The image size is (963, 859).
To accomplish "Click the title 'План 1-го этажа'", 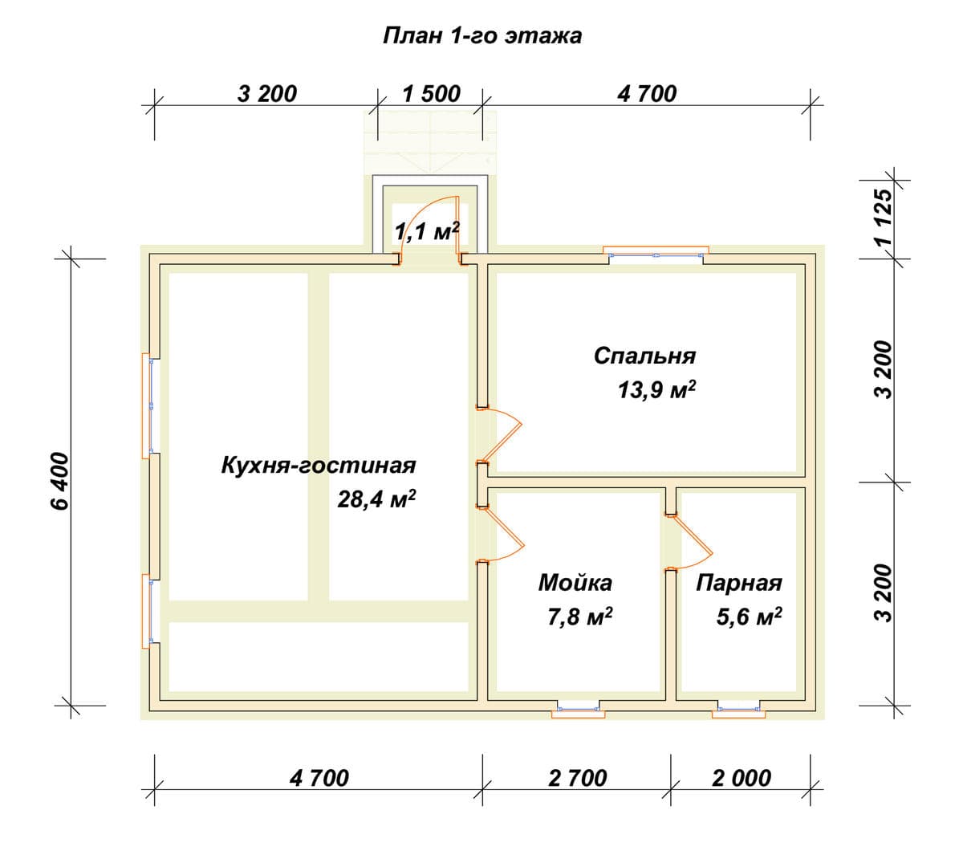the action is tap(482, 36).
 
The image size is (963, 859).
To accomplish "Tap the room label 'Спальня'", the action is tap(644, 356).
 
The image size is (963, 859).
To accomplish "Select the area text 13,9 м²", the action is tap(657, 389).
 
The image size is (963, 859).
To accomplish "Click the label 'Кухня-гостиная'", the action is tap(319, 465).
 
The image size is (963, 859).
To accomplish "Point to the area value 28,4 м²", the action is tap(376, 499).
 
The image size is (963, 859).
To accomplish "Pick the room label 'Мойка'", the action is tap(575, 583).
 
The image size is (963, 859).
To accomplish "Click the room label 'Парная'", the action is tap(739, 583).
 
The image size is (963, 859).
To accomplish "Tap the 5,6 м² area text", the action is tap(749, 617).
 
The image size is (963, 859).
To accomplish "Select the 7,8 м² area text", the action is tap(580, 617).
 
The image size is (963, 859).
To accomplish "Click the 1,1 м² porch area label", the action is tap(427, 231).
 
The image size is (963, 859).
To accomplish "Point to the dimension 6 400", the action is tap(61, 481).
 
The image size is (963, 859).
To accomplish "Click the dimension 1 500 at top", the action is tap(431, 94).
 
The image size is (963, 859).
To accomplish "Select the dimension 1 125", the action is tap(884, 217).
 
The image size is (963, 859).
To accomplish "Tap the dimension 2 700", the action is tap(578, 778).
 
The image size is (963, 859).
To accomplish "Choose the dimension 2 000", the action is tap(742, 778).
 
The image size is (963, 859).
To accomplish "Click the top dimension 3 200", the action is tap(267, 94).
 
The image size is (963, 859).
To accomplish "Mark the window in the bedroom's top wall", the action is tap(656, 251).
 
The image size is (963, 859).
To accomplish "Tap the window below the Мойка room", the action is tap(578, 710).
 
